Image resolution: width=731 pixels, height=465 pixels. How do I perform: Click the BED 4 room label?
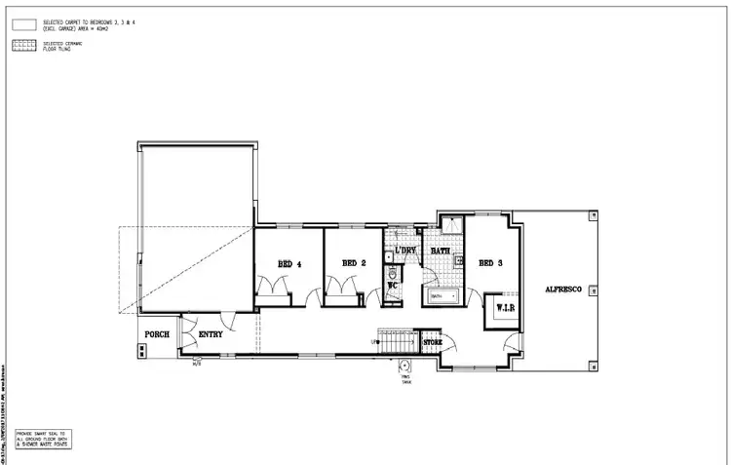(289, 263)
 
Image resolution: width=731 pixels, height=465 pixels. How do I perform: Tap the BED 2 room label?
(354, 263)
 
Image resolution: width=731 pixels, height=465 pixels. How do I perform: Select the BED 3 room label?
(490, 263)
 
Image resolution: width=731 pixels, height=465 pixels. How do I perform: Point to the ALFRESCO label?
(564, 290)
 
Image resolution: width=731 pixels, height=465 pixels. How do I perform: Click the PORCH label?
(157, 334)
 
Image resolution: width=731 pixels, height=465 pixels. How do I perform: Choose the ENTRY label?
(211, 334)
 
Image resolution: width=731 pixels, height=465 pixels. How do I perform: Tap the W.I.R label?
(505, 308)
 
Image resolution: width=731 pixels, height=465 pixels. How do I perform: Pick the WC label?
(392, 286)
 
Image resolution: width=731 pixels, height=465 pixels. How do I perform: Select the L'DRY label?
(405, 251)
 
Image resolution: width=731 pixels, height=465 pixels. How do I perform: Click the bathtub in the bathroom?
(444, 295)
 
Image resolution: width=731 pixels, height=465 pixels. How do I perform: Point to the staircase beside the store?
(398, 341)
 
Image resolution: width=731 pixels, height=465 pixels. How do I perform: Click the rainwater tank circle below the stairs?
(404, 367)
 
